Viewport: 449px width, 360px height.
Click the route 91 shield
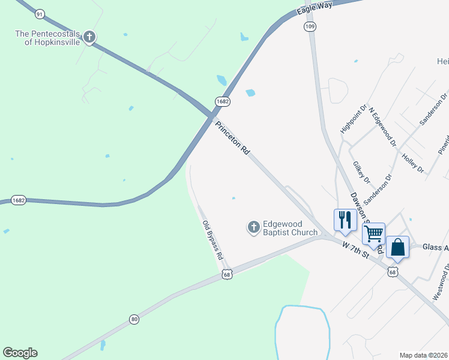click(x=40, y=14)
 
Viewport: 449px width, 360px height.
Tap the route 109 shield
click(x=310, y=27)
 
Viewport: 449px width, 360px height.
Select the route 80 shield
click(x=133, y=319)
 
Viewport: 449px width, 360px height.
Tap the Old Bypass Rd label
click(x=213, y=240)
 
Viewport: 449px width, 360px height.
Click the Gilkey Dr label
click(x=360, y=173)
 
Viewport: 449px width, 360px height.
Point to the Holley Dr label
click(x=412, y=161)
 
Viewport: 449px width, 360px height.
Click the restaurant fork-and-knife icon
click(x=344, y=218)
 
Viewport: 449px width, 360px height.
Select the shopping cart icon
click(x=373, y=233)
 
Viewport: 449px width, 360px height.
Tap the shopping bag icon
click(x=397, y=246)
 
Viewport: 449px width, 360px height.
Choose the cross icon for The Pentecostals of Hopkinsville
click(x=89, y=38)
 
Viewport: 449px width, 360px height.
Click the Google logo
click(x=20, y=353)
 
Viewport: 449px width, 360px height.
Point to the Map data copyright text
click(x=423, y=355)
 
